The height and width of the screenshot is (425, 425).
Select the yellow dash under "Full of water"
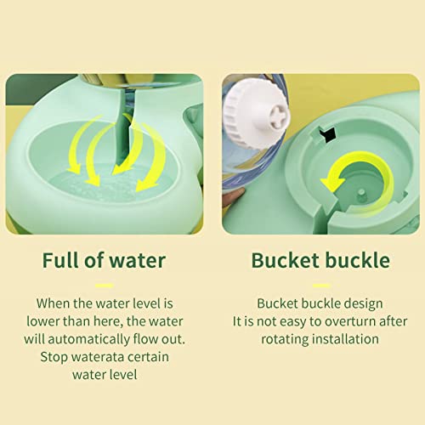pyautogui.click(x=104, y=286)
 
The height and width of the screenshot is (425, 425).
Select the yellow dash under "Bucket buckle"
pyautogui.click(x=320, y=286)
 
